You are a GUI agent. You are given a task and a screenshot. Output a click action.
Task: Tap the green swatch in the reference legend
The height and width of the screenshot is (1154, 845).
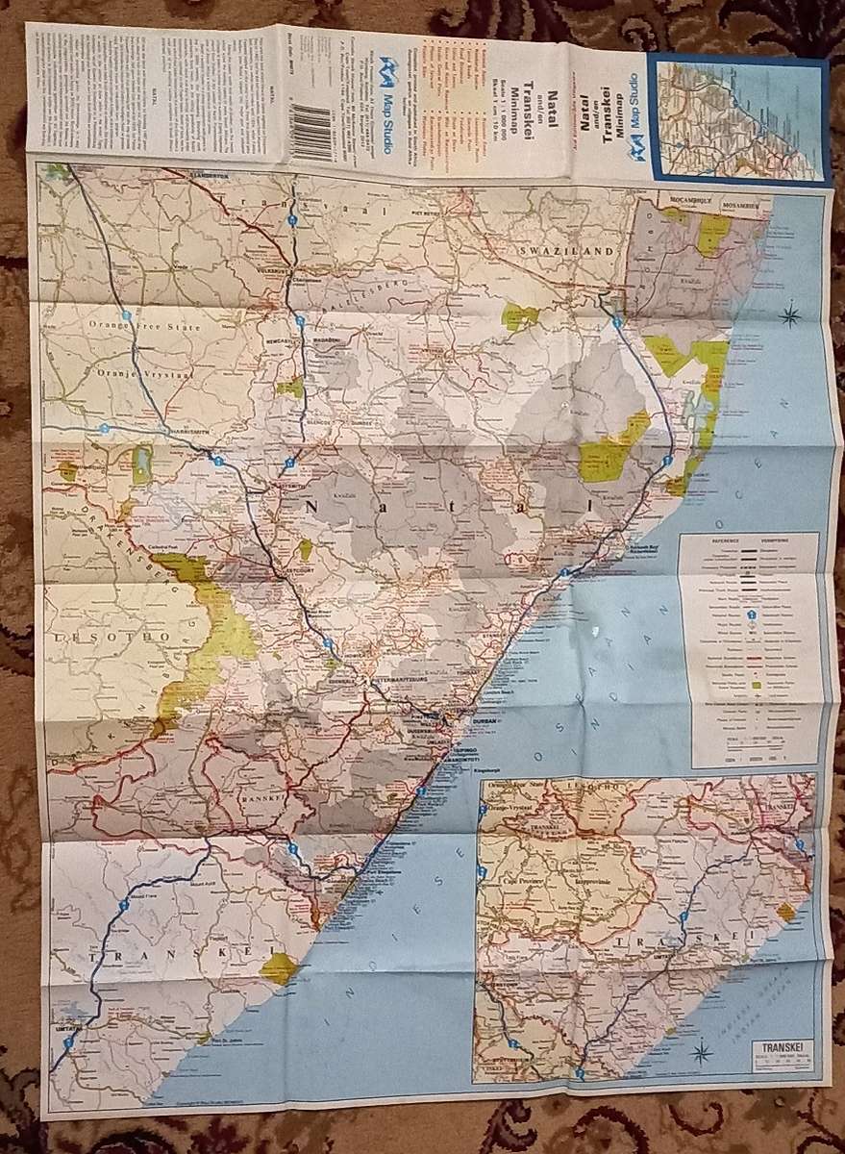757,685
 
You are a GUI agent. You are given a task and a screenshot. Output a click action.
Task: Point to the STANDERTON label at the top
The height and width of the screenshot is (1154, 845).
208,176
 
